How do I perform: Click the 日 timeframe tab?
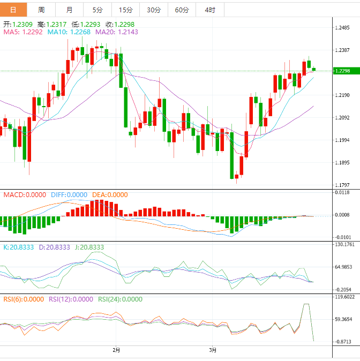(x=13, y=10)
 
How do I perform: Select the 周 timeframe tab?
(x=41, y=10)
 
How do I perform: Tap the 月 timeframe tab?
(x=70, y=10)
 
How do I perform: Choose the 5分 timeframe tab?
(x=97, y=10)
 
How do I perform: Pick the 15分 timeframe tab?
(x=125, y=10)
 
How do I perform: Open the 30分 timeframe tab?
(x=153, y=10)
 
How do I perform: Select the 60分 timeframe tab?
(x=182, y=10)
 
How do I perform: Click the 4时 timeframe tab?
(x=210, y=10)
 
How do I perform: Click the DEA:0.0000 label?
(x=110, y=195)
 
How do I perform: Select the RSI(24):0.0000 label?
(x=121, y=299)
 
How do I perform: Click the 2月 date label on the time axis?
(x=116, y=350)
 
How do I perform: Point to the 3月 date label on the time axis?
(x=213, y=350)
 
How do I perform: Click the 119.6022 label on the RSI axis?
(x=344, y=297)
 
